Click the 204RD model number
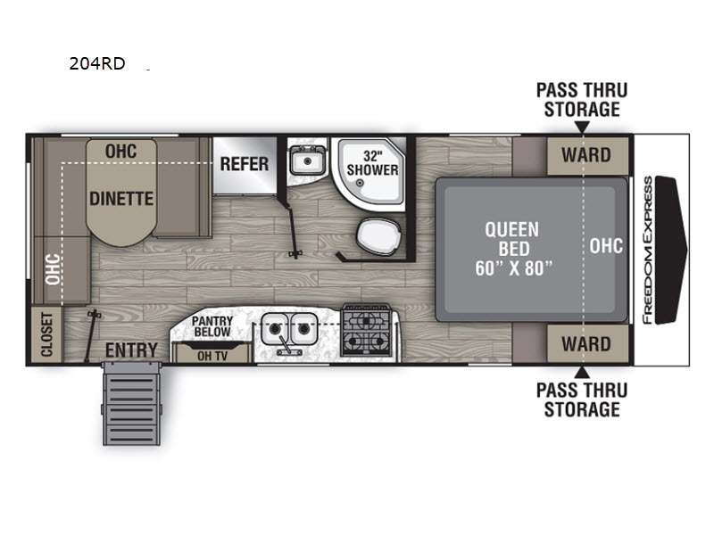[x=97, y=63]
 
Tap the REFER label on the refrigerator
[x=245, y=164]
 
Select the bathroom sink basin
[x=308, y=160]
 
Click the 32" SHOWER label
[x=372, y=163]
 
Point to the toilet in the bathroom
[x=378, y=236]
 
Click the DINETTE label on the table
[x=121, y=199]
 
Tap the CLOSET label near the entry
[x=47, y=334]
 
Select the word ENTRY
[x=131, y=350]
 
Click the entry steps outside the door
[x=131, y=404]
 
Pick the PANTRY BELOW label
[x=212, y=326]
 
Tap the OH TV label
[x=212, y=356]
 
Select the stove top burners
[x=366, y=330]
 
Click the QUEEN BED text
[x=512, y=239]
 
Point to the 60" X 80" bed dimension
[x=514, y=268]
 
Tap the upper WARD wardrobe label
[x=586, y=155]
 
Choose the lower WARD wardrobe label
[x=586, y=344]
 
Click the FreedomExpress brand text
[x=648, y=251]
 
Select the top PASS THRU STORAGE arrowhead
[x=582, y=127]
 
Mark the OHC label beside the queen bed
[x=606, y=246]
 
